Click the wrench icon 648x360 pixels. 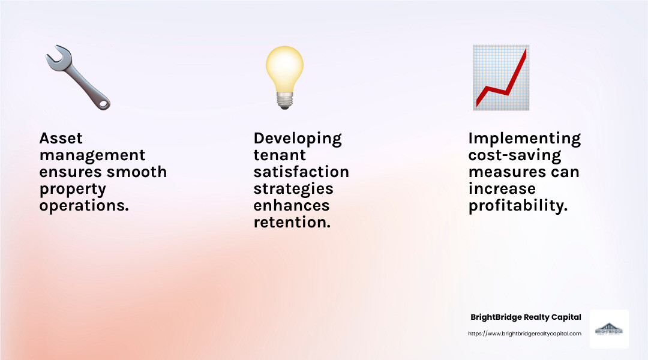point(77,78)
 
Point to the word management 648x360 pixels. point(92,155)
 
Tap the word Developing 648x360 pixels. point(298,139)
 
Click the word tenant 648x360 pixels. point(280,155)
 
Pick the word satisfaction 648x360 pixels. point(301,172)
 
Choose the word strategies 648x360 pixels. point(293,189)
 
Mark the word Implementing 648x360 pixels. point(524,139)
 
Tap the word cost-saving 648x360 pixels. point(515,155)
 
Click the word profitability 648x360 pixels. point(518,206)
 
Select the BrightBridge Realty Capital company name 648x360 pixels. point(526,317)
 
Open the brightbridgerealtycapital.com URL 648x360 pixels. point(524,334)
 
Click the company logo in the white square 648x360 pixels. point(609,329)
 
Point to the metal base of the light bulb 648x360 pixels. point(284,101)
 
